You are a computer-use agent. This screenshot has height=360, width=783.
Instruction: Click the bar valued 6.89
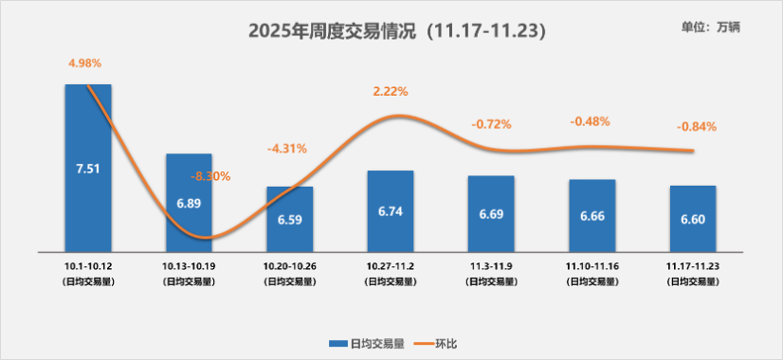pos(189,203)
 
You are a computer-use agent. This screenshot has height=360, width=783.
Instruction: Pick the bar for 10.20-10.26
pos(290,219)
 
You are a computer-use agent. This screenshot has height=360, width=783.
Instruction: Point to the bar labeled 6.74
pos(391,211)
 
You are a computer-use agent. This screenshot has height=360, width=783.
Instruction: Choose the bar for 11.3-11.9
pos(491,214)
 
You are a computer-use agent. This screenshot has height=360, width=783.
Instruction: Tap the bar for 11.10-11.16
pos(592,215)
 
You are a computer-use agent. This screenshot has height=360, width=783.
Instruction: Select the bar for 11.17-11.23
pos(693,218)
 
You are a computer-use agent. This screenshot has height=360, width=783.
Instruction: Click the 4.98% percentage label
pos(84,63)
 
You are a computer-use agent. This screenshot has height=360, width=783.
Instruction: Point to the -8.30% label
pos(210,175)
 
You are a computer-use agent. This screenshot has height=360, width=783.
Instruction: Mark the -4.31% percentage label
pos(287,149)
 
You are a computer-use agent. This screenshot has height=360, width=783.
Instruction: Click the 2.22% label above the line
pos(391,92)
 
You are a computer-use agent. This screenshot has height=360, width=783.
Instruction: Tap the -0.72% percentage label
pos(491,124)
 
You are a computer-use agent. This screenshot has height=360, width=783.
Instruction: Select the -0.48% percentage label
pos(590,121)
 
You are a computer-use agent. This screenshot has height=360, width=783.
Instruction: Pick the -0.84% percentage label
pos(697,126)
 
